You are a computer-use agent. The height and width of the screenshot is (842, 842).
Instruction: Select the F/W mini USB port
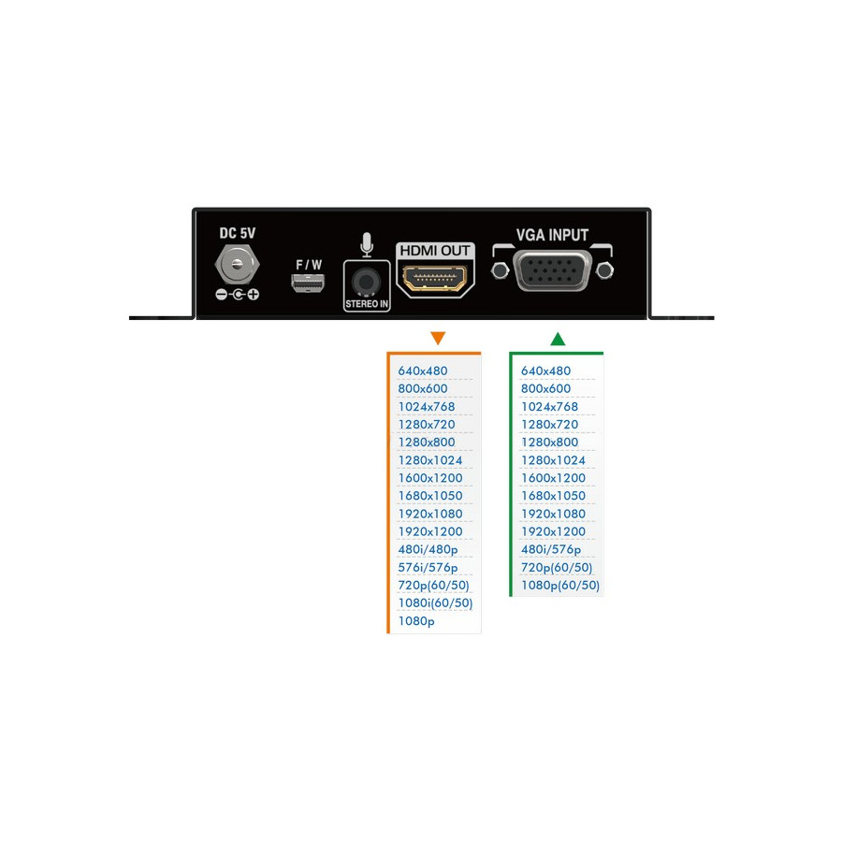click(308, 283)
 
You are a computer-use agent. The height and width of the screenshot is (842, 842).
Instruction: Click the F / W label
click(309, 265)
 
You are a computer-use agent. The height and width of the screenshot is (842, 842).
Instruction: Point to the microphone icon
click(367, 244)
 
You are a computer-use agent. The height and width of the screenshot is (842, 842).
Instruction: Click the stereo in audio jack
click(366, 282)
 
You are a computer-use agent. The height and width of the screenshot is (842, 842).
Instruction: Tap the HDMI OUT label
click(435, 251)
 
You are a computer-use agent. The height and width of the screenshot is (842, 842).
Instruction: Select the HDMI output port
click(435, 278)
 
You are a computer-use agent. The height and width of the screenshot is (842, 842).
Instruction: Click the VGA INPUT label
click(552, 235)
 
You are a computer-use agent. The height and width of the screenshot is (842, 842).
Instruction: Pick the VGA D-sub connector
click(553, 272)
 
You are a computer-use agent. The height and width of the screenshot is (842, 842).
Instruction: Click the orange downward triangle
click(437, 338)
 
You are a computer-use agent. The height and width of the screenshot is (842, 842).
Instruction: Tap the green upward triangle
click(558, 338)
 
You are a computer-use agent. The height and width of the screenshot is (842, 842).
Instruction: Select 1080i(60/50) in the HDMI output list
click(435, 603)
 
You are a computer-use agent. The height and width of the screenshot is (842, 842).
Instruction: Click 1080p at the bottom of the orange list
click(416, 621)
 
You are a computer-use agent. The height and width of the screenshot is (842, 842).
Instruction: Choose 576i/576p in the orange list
click(428, 568)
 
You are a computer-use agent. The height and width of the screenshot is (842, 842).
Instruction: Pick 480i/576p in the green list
click(550, 549)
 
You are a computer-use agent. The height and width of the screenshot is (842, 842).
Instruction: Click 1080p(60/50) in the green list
click(559, 586)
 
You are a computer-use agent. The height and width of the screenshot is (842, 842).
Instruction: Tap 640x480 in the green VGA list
click(545, 371)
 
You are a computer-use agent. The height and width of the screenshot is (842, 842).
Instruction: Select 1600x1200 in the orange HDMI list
click(429, 478)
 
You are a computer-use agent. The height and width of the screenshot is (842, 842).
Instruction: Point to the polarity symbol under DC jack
click(238, 295)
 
